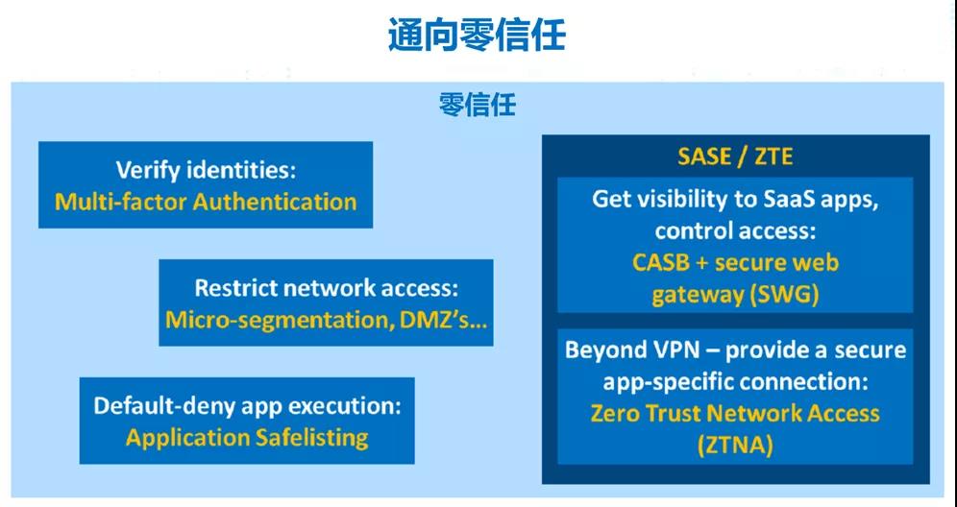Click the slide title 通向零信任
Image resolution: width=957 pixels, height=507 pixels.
[477, 35]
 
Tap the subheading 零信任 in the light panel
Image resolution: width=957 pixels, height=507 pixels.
[478, 105]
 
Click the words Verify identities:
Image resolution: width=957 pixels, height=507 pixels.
[206, 170]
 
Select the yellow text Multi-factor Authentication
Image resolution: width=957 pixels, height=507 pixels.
[206, 202]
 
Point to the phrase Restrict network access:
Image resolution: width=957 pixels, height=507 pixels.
[327, 288]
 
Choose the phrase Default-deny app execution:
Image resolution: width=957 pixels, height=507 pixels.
[247, 406]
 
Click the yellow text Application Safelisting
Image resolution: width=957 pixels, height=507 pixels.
[247, 438]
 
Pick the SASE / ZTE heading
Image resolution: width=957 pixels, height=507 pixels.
[735, 157]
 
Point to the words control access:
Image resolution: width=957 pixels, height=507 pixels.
[735, 231]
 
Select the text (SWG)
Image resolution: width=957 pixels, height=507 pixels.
[783, 296]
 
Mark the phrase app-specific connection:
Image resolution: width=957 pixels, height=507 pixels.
[735, 382]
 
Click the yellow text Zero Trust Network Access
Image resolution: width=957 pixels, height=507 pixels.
[735, 414]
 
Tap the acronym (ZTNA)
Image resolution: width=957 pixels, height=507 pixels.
[735, 446]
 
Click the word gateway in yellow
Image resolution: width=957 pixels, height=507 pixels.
[697, 296]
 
